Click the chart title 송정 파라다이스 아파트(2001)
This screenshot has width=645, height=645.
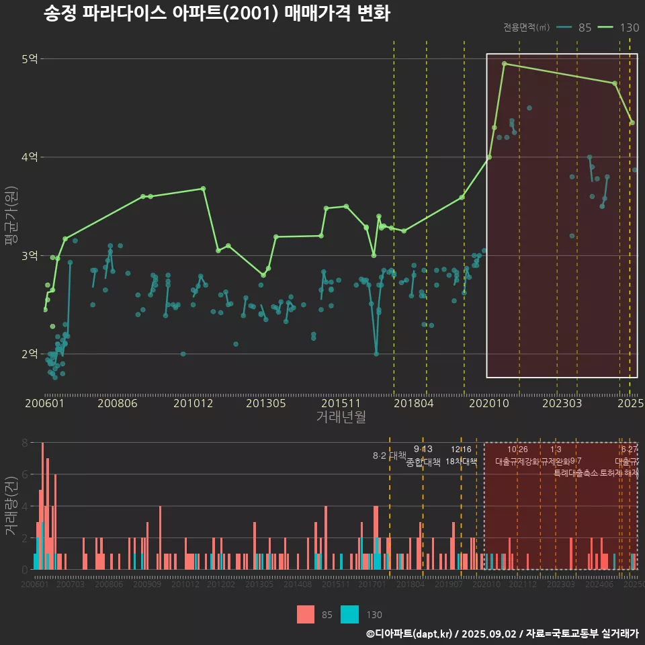tap(216, 13)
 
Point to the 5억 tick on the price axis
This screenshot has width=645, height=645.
tap(30, 59)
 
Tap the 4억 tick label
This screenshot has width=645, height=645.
tap(30, 157)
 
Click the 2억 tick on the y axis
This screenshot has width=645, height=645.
tap(30, 354)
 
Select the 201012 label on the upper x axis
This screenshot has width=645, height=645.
tap(193, 403)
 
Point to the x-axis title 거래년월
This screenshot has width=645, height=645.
tap(341, 417)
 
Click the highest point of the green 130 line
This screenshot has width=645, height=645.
tap(504, 64)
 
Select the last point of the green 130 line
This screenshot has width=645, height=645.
tap(632, 122)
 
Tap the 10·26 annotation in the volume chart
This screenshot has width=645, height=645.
tap(517, 449)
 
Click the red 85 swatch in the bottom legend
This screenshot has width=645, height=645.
tap(306, 614)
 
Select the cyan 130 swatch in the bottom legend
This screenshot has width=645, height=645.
tap(350, 614)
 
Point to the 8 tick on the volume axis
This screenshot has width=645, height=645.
tap(25, 443)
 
